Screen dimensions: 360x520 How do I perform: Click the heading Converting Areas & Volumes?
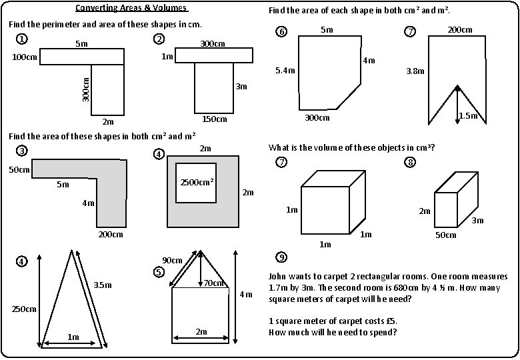[131, 9]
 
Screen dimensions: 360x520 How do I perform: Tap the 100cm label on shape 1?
[25, 57]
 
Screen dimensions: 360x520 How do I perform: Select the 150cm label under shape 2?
[214, 119]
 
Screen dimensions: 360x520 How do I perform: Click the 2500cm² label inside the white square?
[197, 182]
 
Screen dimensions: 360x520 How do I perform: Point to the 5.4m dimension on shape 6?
[286, 70]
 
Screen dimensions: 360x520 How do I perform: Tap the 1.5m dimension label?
[469, 117]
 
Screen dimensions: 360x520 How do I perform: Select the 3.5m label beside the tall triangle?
[102, 285]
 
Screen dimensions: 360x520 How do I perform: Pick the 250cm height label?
[24, 309]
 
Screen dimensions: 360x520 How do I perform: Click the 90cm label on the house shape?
[173, 260]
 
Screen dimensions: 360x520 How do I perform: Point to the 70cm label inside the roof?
[213, 283]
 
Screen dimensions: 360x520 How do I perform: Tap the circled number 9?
[282, 257]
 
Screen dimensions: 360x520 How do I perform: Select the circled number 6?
[282, 32]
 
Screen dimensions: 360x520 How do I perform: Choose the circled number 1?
[22, 39]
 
